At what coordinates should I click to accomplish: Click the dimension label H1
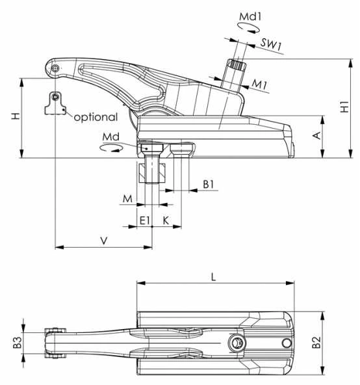(x=345, y=107)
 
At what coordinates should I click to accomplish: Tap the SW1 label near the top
(x=271, y=44)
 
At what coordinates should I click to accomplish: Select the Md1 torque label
(x=250, y=17)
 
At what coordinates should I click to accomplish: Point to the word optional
(x=96, y=117)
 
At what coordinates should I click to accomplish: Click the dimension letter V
(x=104, y=241)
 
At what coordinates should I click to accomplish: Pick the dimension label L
(x=214, y=277)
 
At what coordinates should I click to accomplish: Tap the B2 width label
(x=316, y=342)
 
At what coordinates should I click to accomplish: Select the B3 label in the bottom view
(x=18, y=342)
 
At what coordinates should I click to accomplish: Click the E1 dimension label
(x=144, y=220)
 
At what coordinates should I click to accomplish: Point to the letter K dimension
(x=166, y=220)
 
